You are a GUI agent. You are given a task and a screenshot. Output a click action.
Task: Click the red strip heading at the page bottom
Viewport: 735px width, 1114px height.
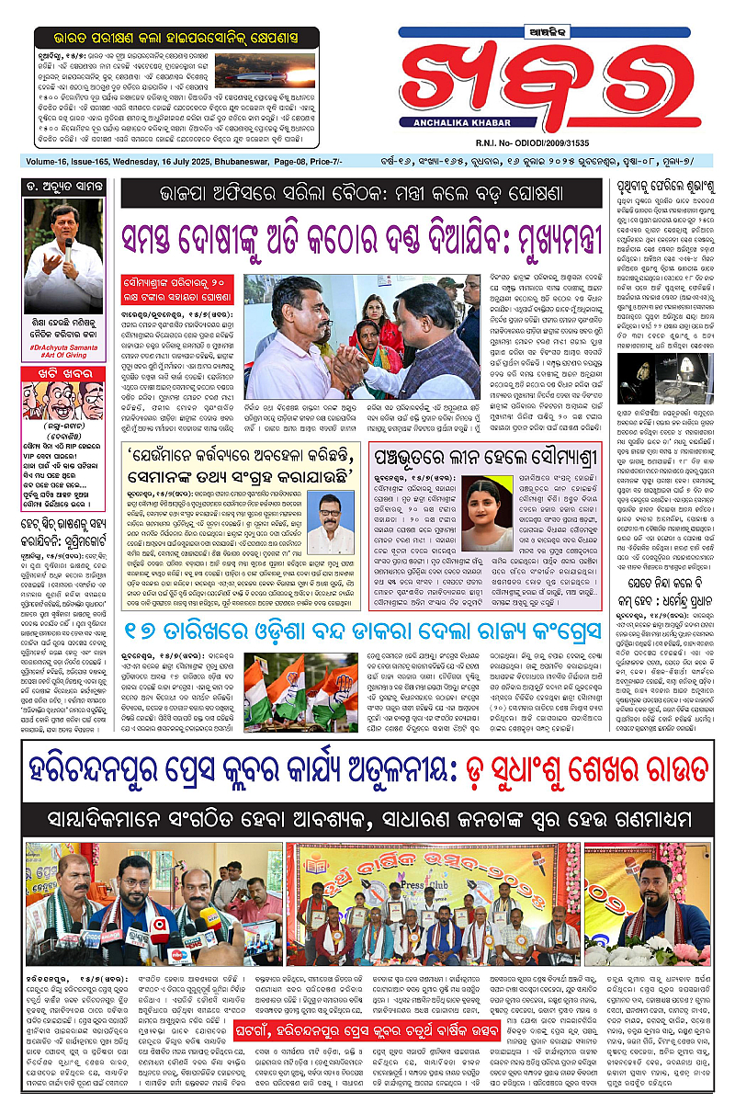click(367, 1045)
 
